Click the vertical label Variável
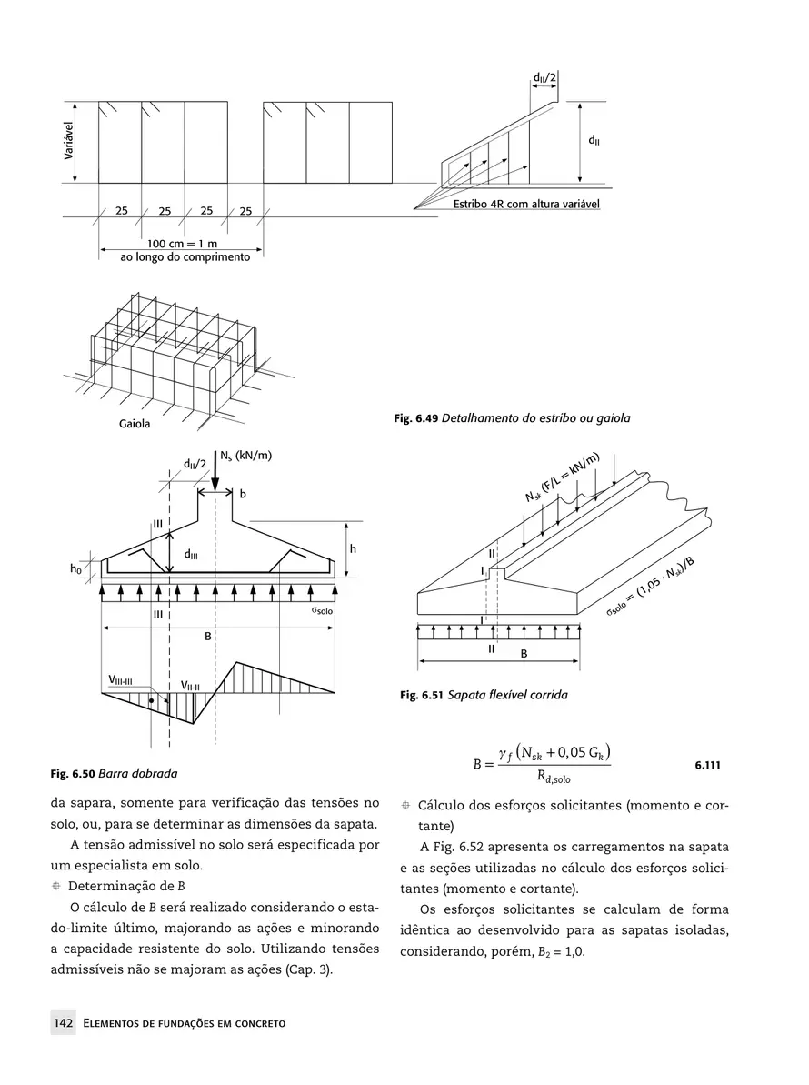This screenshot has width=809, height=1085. pyautogui.click(x=68, y=142)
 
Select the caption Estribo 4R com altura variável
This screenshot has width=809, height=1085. pyautogui.click(x=526, y=205)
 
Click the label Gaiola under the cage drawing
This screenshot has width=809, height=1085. pyautogui.click(x=135, y=425)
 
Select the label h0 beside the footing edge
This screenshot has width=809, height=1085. pyautogui.click(x=75, y=568)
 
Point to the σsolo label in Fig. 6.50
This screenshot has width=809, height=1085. pyautogui.click(x=322, y=613)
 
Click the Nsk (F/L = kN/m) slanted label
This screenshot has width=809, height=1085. pyautogui.click(x=564, y=477)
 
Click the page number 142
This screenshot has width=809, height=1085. pyautogui.click(x=63, y=1024)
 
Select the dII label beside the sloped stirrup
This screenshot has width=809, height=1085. pyautogui.click(x=593, y=141)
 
